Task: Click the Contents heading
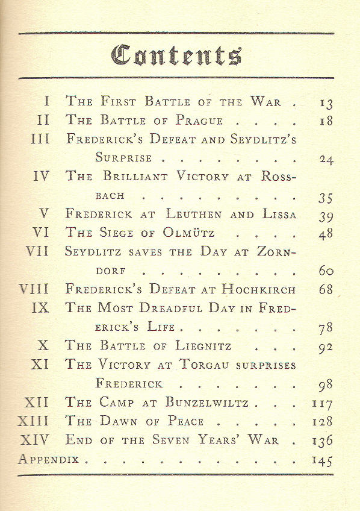coord(177,55)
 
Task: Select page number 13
coord(325,102)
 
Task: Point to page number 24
coord(326,160)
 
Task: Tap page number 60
coord(326,271)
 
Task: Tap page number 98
coord(326,384)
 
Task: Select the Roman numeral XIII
coord(33,421)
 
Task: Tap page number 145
coord(322,460)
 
